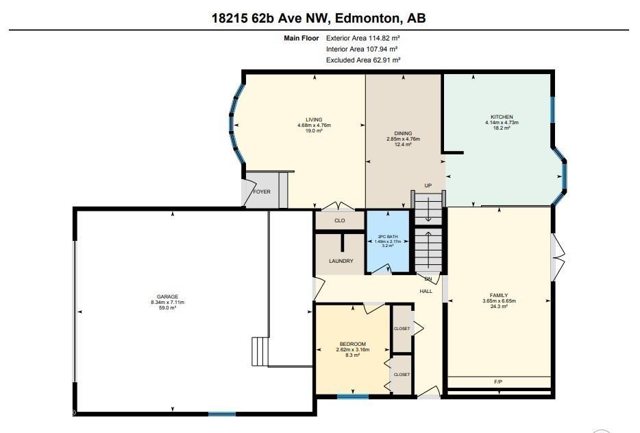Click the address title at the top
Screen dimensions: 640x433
(x=319, y=18)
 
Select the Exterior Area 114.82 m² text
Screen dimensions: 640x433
(x=362, y=38)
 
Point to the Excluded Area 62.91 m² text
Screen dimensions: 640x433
(x=363, y=60)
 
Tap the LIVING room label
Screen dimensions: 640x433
(x=314, y=120)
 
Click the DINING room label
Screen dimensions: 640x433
(x=403, y=133)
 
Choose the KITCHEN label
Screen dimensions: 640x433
(x=502, y=117)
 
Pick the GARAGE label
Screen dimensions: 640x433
(x=167, y=297)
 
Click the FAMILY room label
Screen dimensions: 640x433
(x=499, y=295)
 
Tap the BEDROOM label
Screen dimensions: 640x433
(x=353, y=344)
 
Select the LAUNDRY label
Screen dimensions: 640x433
(x=341, y=261)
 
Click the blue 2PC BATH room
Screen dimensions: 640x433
(x=388, y=242)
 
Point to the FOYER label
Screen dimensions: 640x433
(x=262, y=191)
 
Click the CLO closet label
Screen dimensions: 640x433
(x=340, y=220)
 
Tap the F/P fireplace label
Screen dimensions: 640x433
(x=498, y=382)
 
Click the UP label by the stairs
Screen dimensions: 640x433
(x=428, y=186)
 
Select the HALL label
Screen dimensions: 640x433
(x=426, y=291)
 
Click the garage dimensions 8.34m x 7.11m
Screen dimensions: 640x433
(x=167, y=303)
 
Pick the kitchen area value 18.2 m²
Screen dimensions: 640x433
(x=502, y=128)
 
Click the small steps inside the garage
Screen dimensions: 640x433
(x=260, y=351)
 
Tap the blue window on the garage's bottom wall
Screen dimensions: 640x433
(x=222, y=414)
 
